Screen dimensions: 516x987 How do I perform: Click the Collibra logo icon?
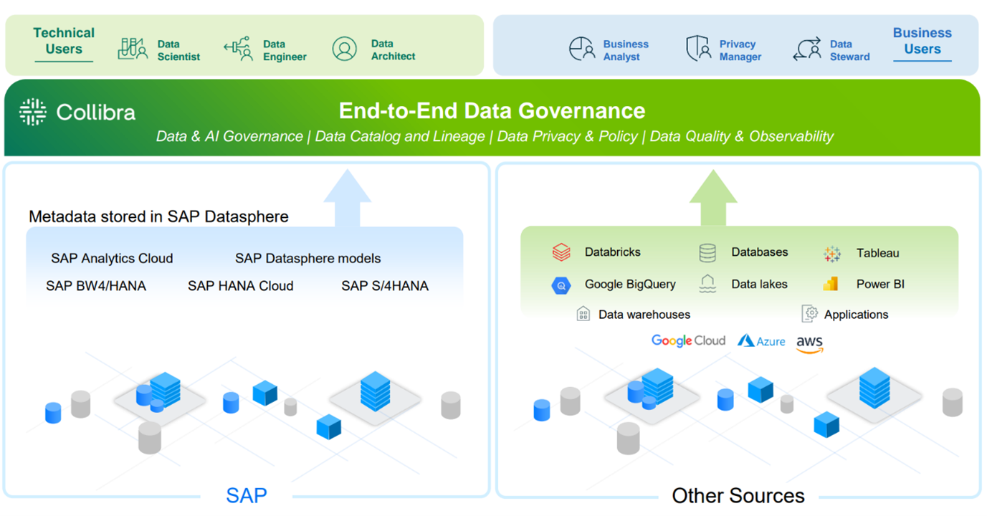(x=33, y=113)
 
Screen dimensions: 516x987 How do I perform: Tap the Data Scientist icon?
(x=132, y=49)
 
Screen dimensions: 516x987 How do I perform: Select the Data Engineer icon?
(x=237, y=49)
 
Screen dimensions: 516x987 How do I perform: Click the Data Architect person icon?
(x=345, y=49)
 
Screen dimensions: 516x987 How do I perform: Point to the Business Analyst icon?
(x=582, y=49)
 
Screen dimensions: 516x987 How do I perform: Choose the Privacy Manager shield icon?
(x=697, y=49)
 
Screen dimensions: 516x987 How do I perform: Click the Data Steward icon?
(x=806, y=49)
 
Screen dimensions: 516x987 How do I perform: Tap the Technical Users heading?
(x=64, y=42)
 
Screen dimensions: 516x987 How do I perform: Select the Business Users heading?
(x=922, y=42)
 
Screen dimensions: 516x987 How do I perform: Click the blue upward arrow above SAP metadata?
(x=347, y=197)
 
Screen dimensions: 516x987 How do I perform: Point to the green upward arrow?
(x=713, y=197)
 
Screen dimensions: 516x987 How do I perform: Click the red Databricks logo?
(x=561, y=252)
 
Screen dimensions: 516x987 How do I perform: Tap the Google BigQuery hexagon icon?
(x=561, y=285)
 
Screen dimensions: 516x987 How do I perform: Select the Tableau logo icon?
(x=831, y=253)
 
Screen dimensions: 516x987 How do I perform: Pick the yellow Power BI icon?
(x=831, y=284)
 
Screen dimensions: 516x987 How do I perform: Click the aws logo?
(x=810, y=344)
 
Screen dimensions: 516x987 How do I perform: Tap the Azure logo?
(x=761, y=341)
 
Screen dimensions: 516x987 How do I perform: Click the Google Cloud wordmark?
(x=688, y=340)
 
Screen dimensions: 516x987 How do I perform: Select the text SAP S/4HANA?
(x=385, y=286)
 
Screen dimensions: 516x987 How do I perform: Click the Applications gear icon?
(x=810, y=314)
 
